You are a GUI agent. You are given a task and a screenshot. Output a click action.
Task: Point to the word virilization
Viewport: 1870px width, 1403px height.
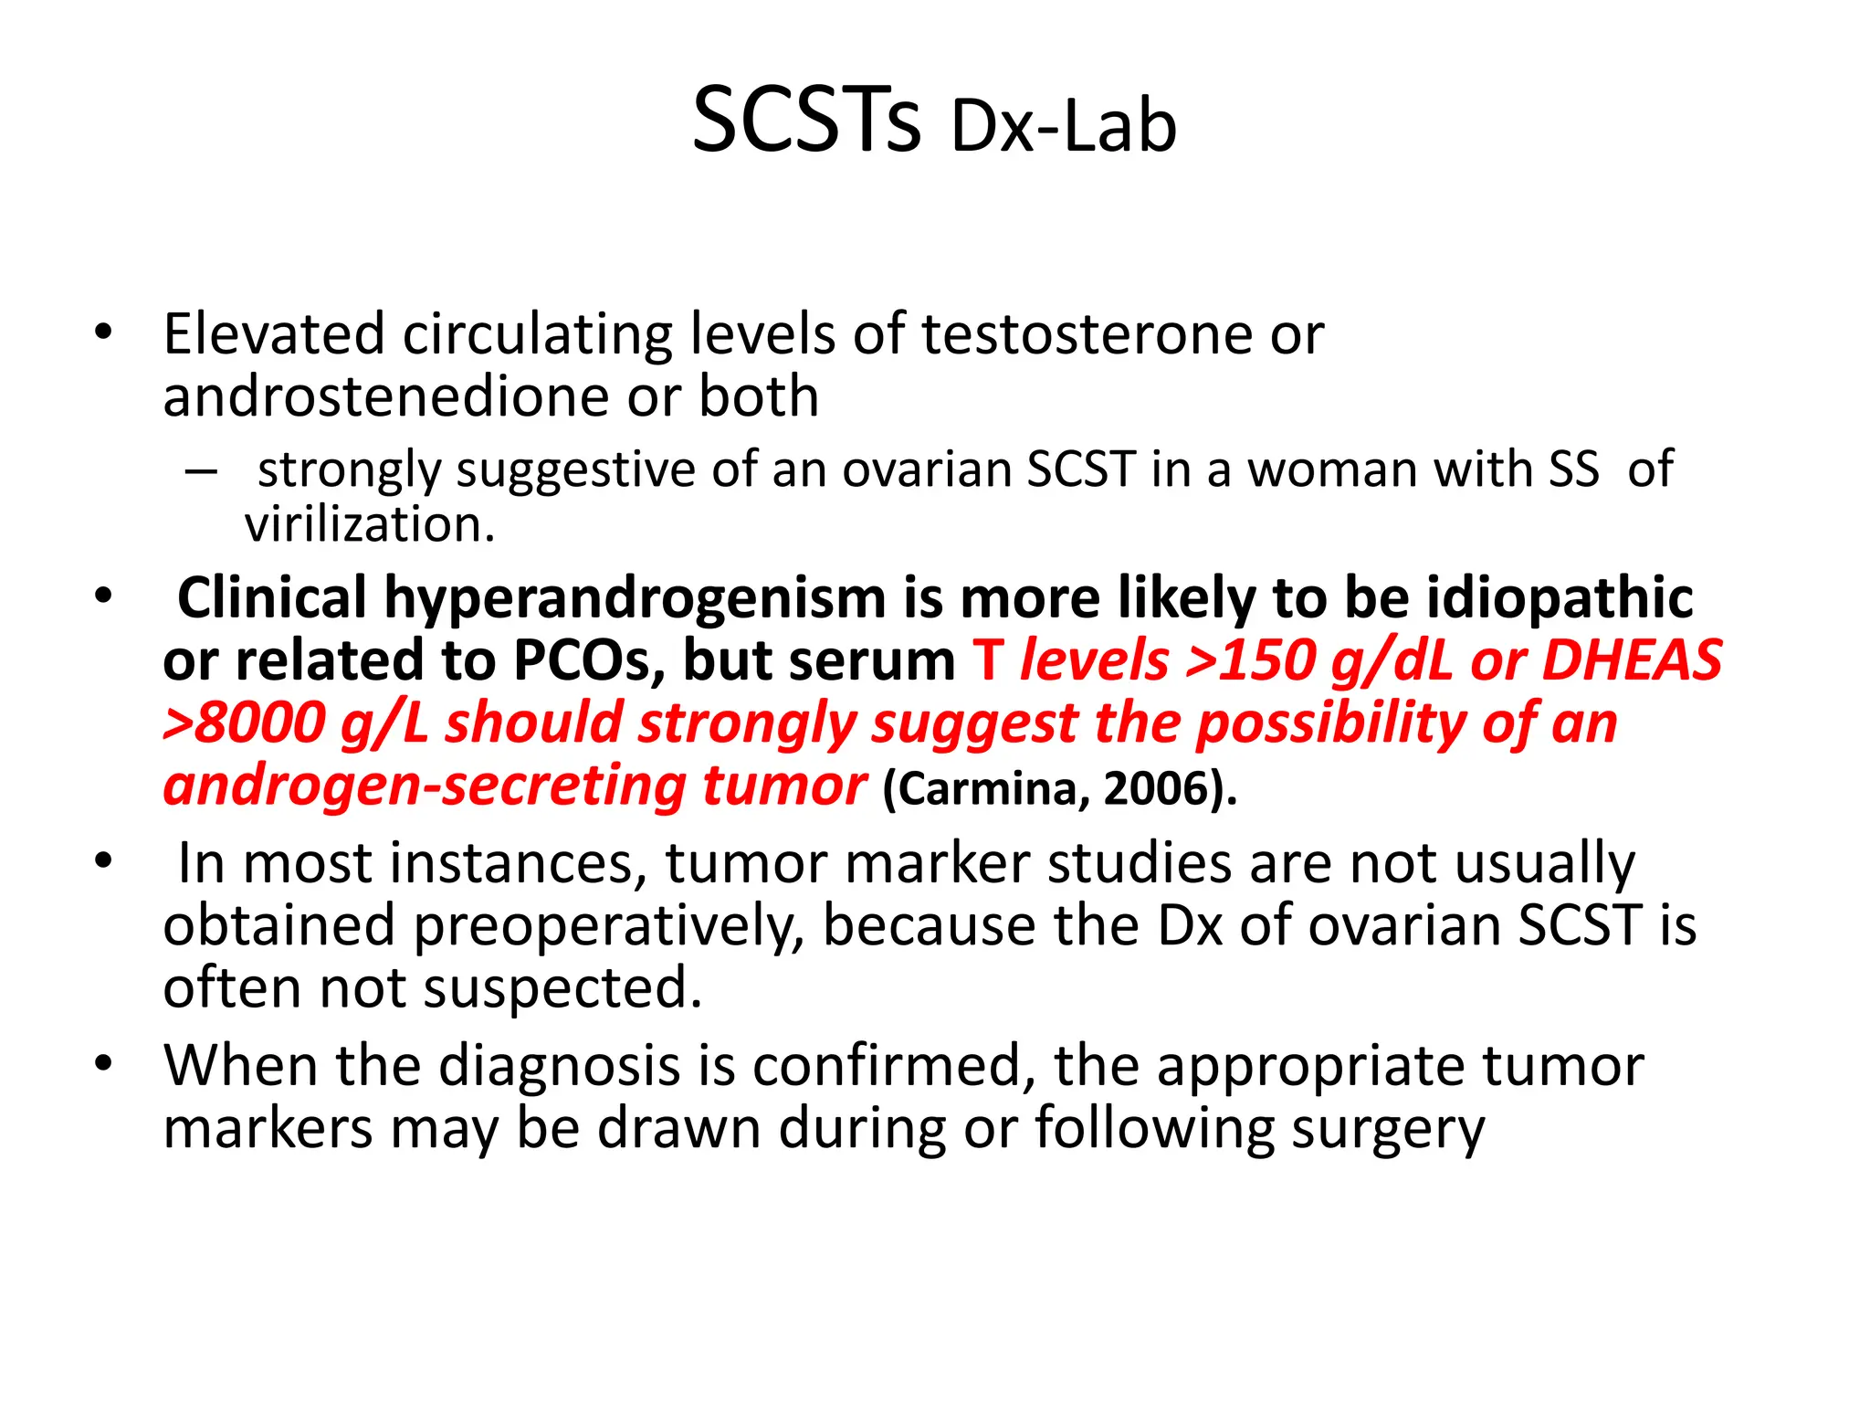coord(369,525)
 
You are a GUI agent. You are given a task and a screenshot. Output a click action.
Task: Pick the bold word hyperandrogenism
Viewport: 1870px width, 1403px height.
coord(635,598)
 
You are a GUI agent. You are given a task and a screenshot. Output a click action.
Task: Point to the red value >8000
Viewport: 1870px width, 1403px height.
coord(244,723)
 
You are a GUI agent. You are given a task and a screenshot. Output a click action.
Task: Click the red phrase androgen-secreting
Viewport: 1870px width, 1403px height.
coord(425,786)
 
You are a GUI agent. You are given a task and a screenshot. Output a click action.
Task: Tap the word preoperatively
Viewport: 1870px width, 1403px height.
coord(609,926)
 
